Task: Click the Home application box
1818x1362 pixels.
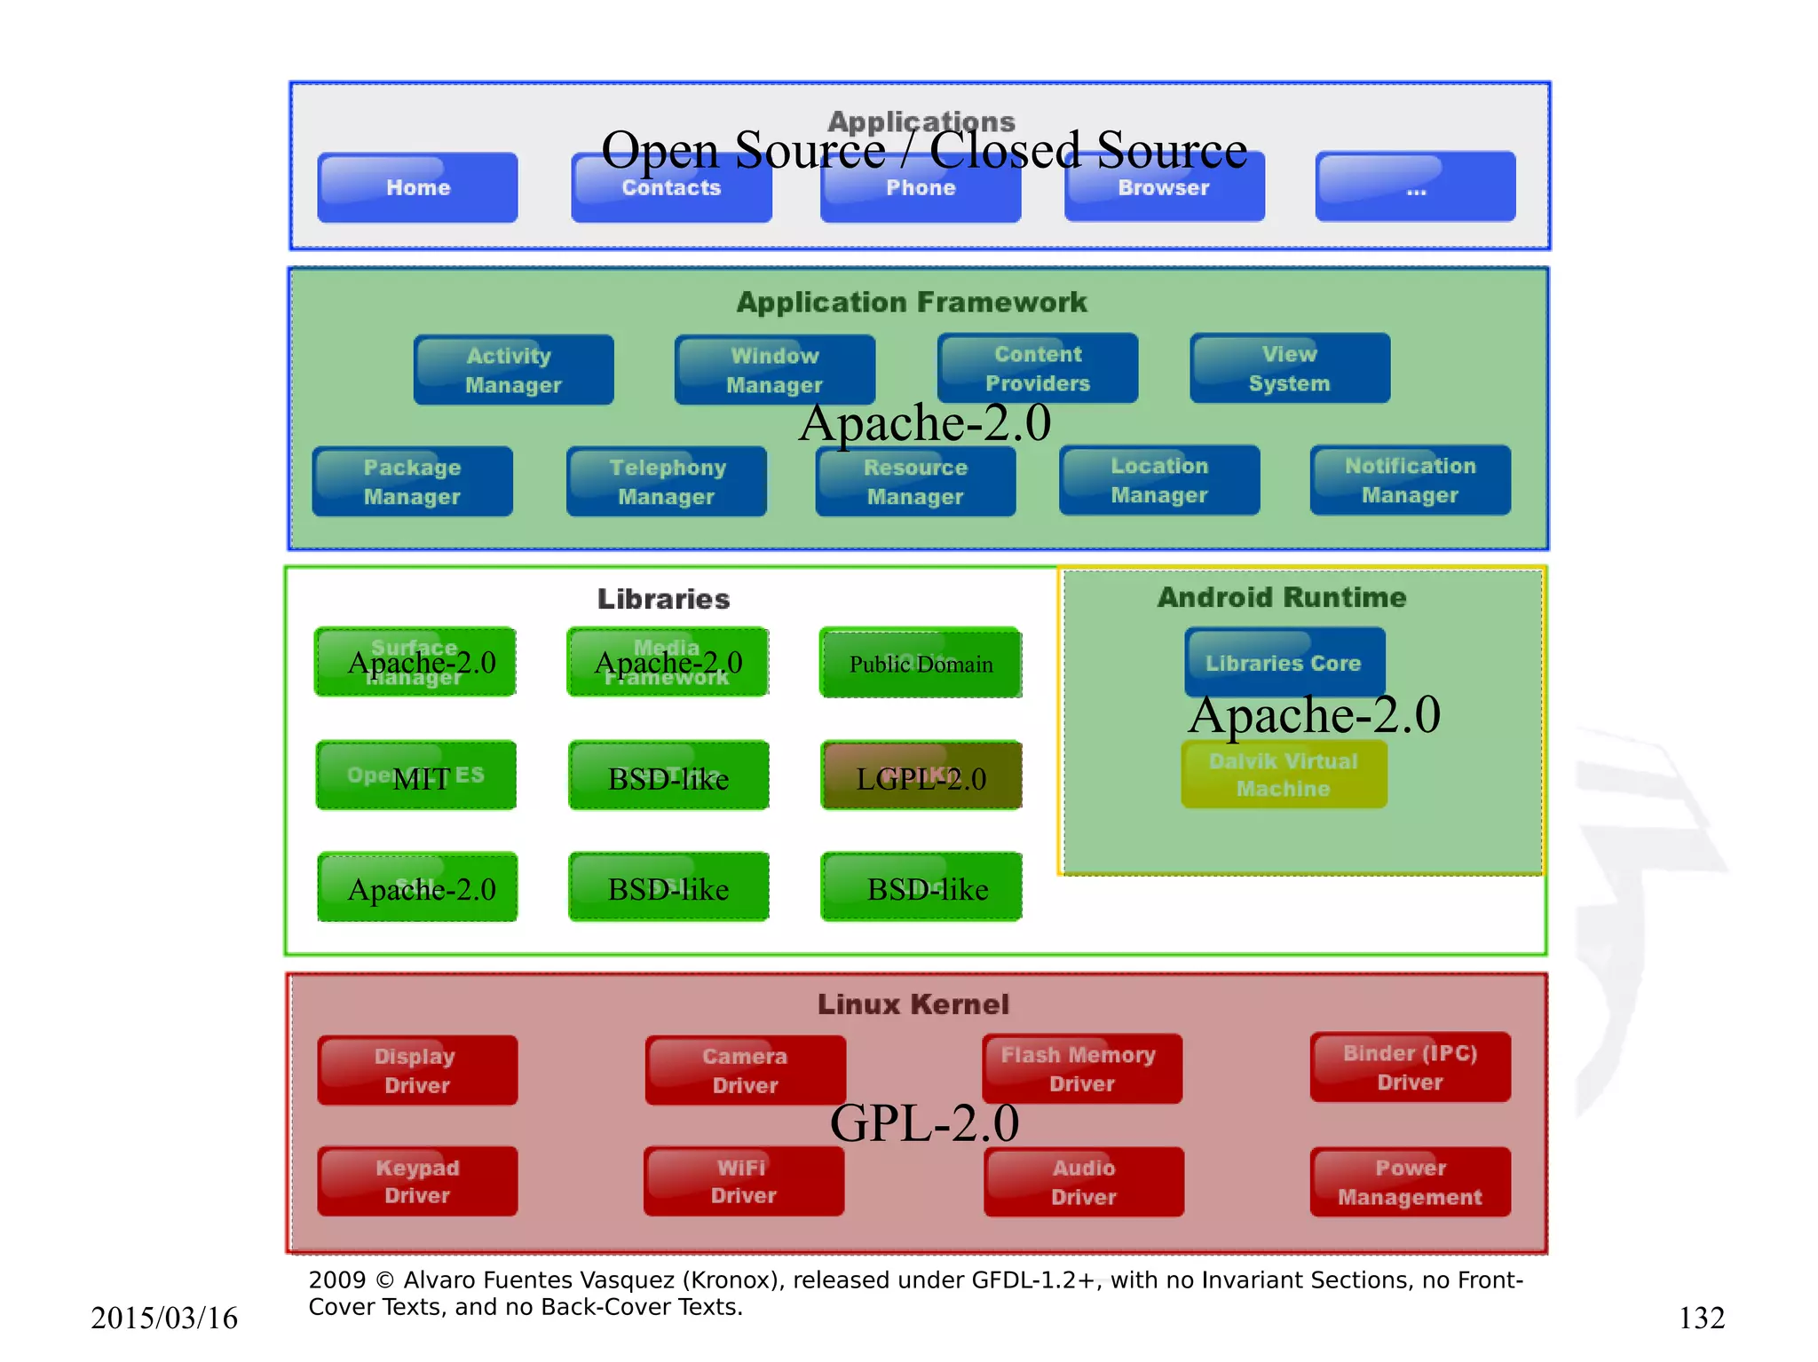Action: [417, 187]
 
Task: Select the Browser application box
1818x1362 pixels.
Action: [1164, 187]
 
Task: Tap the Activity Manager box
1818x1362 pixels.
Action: [513, 370]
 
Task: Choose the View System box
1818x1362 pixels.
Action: [1289, 368]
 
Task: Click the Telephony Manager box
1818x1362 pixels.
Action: [667, 482]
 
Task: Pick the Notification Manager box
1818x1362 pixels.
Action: [1410, 480]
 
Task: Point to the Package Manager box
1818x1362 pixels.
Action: [412, 482]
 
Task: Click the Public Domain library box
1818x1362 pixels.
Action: [921, 664]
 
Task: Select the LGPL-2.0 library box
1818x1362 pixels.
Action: [921, 776]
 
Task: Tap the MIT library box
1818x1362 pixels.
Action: [415, 776]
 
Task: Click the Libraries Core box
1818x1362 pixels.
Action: [1284, 661]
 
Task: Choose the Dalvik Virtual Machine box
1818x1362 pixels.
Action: [1284, 775]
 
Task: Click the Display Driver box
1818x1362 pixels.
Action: [416, 1070]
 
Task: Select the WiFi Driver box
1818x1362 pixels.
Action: [743, 1181]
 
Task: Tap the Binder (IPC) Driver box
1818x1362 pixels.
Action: [1410, 1067]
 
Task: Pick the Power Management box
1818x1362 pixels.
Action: [1410, 1182]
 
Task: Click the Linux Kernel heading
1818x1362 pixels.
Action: [913, 1004]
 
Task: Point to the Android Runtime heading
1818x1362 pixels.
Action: [1282, 597]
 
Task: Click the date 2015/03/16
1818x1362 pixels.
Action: [164, 1318]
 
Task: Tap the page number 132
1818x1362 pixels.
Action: [1701, 1318]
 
